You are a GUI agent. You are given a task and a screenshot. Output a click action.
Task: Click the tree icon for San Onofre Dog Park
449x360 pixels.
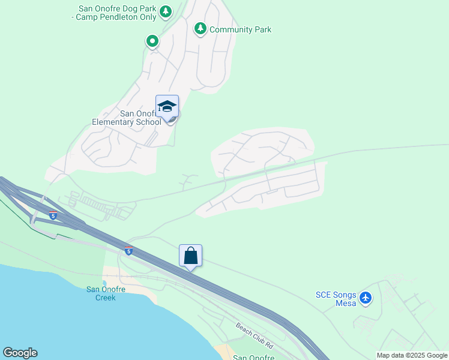[166, 11]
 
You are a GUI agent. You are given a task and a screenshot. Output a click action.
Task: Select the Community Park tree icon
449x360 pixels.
[200, 28]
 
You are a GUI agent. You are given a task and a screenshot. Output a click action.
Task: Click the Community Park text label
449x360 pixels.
[240, 29]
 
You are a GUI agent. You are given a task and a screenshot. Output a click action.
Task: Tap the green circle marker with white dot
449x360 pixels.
[152, 41]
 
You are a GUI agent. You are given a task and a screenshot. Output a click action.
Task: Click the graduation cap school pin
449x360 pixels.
[167, 107]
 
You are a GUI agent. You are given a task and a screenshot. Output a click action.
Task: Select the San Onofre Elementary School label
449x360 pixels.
[127, 118]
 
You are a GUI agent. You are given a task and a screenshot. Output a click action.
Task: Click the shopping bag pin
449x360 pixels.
[190, 256]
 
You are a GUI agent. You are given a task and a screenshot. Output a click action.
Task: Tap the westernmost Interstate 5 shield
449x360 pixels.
[53, 216]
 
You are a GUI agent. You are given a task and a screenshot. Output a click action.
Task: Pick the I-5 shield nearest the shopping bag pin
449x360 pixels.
[128, 251]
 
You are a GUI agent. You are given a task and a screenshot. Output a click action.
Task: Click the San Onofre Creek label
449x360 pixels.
[106, 293]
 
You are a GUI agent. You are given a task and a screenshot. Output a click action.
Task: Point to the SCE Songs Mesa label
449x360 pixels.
[336, 299]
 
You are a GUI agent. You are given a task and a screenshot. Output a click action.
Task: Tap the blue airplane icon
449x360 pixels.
[366, 297]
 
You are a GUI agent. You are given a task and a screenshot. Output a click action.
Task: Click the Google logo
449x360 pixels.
[20, 353]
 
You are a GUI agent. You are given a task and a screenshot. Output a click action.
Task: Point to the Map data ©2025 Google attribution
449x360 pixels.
[411, 355]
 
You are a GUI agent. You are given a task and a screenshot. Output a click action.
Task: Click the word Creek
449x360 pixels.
[106, 298]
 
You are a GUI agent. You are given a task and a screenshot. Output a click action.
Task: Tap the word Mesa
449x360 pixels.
[346, 303]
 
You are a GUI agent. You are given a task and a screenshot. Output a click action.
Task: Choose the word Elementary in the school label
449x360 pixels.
[115, 122]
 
